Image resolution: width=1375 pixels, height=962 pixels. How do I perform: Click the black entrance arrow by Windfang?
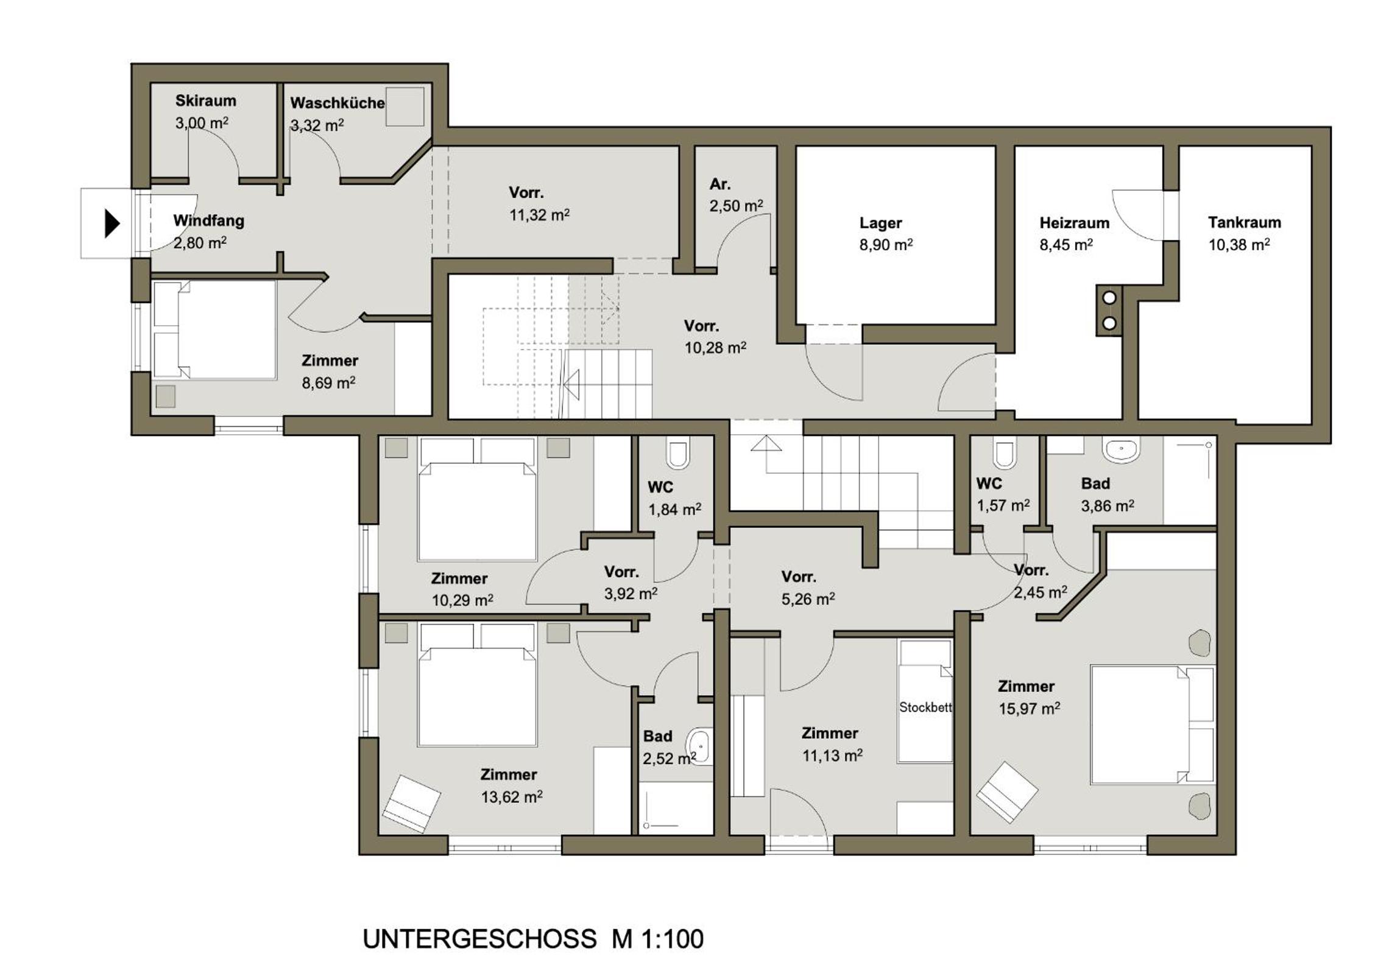tap(111, 223)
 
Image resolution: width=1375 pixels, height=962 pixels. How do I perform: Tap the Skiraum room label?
tap(206, 100)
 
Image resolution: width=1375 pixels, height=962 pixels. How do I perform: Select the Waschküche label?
tap(338, 103)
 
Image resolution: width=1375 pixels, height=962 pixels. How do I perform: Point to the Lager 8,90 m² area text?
tap(886, 245)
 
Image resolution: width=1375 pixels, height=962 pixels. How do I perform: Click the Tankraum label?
tap(1245, 222)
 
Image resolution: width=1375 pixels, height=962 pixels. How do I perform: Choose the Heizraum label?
tap(1075, 223)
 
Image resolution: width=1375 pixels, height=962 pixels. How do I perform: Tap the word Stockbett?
tap(925, 707)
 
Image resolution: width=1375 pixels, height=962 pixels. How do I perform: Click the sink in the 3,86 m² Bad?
tap(1121, 451)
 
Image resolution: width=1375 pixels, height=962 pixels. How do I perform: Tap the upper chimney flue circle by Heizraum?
tap(1109, 298)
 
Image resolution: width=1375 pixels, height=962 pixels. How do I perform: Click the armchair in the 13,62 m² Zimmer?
tap(411, 804)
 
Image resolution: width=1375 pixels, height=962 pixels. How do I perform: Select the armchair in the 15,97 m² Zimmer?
tap(1008, 792)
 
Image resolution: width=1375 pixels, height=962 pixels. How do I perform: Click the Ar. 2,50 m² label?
tap(736, 195)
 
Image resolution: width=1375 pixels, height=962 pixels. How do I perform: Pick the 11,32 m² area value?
tap(540, 215)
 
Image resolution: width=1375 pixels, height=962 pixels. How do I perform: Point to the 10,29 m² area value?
tap(462, 600)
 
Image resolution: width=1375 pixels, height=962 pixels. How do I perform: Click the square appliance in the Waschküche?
tap(405, 107)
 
